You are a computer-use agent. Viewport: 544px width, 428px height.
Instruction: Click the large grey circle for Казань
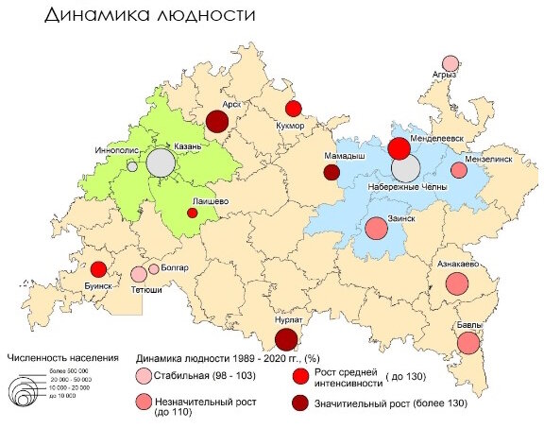click(161, 163)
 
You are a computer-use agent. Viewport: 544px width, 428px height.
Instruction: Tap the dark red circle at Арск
click(217, 121)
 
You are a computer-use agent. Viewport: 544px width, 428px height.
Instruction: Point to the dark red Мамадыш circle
click(331, 172)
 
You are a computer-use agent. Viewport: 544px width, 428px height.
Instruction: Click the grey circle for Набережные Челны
click(406, 169)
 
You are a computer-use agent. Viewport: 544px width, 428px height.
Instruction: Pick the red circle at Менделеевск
click(399, 148)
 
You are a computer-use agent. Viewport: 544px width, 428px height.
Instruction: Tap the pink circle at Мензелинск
click(459, 170)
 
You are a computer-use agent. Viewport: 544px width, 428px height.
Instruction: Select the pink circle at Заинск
click(377, 228)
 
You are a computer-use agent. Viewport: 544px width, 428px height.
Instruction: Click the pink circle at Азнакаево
click(457, 283)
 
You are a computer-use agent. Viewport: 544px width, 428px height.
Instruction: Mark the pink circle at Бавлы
click(468, 343)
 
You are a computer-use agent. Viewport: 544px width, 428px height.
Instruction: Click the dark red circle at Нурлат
click(286, 340)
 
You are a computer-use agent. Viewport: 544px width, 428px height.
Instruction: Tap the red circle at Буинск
click(97, 269)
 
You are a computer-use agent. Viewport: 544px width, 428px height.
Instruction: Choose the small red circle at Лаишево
click(192, 214)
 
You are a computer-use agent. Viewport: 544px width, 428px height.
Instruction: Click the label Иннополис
click(118, 150)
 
